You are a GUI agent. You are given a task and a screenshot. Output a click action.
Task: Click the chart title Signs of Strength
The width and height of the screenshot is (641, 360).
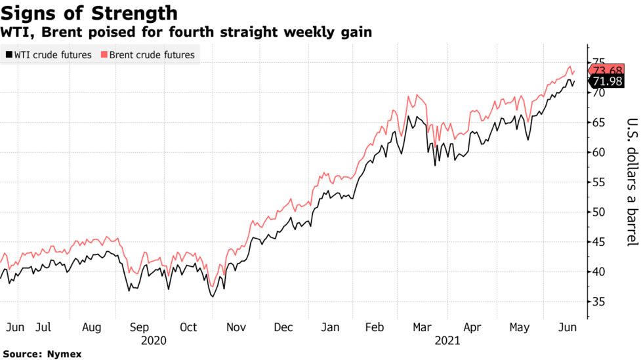89,12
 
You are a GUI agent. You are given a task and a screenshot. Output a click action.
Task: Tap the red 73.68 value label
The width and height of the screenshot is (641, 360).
606,71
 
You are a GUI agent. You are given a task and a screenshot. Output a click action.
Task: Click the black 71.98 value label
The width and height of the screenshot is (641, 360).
606,81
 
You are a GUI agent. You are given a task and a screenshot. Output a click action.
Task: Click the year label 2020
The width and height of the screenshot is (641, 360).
153,340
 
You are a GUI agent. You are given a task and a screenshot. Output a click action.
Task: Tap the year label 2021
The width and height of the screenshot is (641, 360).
447,340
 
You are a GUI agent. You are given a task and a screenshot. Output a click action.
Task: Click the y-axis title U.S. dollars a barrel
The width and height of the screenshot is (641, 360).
631,182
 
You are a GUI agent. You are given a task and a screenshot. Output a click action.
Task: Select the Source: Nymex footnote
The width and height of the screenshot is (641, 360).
42,354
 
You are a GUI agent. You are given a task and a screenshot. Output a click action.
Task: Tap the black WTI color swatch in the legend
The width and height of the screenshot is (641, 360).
9,55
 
